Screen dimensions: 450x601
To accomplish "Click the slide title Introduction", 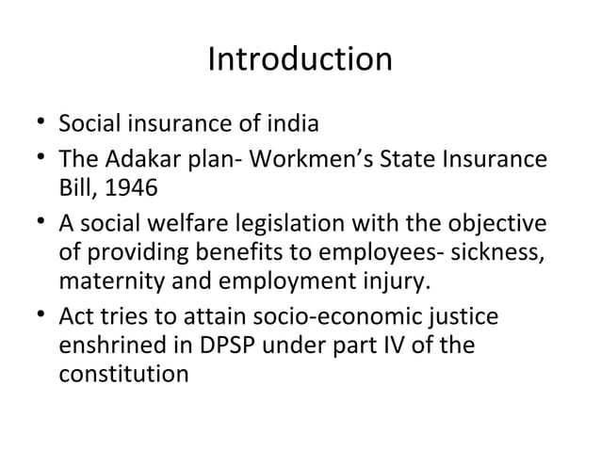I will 300,60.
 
